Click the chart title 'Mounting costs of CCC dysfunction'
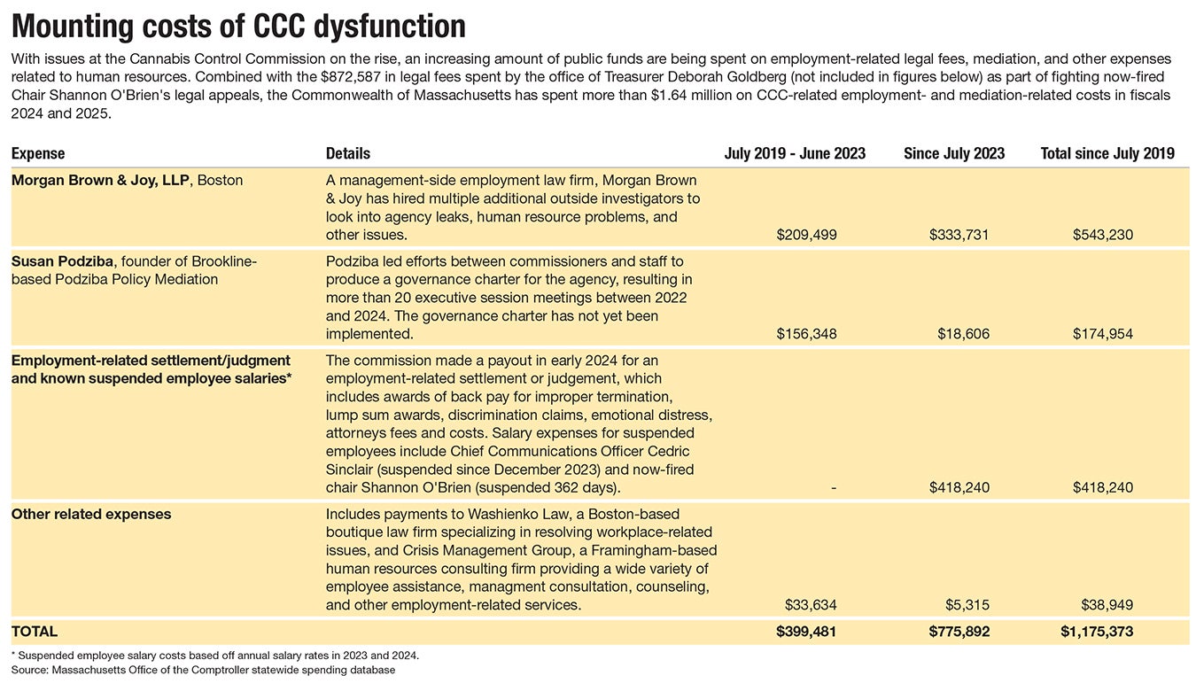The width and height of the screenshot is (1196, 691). point(238,27)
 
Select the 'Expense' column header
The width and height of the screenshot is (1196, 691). point(38,153)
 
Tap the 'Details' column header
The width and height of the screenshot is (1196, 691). point(348,153)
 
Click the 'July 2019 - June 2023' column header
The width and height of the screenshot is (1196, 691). point(795,153)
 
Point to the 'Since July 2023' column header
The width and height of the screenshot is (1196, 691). point(954,153)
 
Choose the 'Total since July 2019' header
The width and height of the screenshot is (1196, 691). point(1107,153)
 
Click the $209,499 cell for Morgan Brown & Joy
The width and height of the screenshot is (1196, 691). point(806,235)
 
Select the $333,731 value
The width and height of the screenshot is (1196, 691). point(959,235)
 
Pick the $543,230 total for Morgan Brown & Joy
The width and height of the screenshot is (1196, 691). point(1103,235)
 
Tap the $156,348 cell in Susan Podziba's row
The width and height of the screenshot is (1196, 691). point(806,334)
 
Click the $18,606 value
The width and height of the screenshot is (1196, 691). point(963,334)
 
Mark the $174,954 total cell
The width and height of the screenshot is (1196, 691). point(1103,334)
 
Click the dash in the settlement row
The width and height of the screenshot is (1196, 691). point(834,487)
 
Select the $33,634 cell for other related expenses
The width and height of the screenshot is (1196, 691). point(811,605)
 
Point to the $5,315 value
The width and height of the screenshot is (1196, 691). point(967,605)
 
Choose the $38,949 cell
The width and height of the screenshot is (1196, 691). point(1107,605)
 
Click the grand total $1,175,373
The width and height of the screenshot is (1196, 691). point(1097,632)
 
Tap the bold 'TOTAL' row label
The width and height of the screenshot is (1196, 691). point(35,632)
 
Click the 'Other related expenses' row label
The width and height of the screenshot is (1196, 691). point(91,514)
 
